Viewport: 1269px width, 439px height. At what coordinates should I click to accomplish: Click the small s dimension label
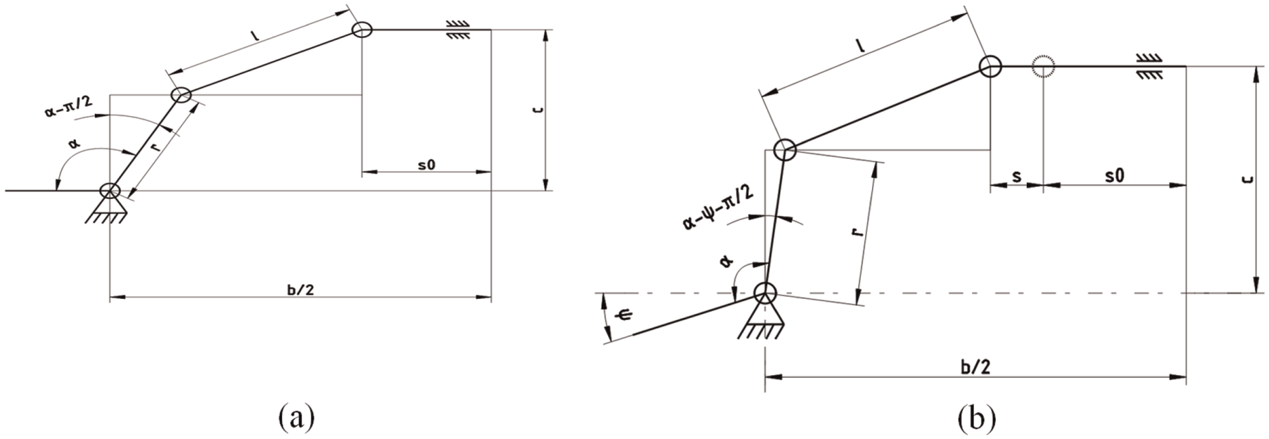[1016, 177]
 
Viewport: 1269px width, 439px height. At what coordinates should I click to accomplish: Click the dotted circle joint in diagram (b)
[1042, 67]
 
